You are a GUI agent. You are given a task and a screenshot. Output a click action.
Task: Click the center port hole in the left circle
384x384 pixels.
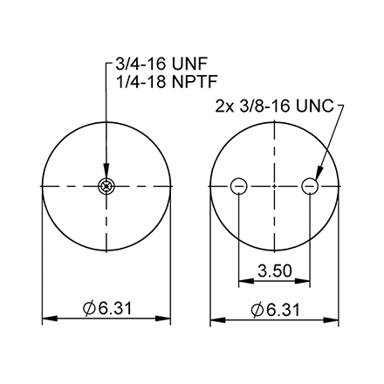point(106,185)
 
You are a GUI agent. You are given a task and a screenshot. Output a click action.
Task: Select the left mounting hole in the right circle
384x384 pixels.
point(238,185)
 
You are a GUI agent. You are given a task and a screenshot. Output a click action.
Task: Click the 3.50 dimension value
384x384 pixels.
point(274,271)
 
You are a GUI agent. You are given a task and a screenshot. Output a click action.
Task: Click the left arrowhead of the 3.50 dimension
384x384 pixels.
point(243,281)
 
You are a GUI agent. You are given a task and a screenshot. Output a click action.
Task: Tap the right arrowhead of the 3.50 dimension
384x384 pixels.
point(305,281)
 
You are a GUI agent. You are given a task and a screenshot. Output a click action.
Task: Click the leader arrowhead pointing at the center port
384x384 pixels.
point(106,175)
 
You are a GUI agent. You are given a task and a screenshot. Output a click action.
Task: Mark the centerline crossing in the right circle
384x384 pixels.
point(274,185)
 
